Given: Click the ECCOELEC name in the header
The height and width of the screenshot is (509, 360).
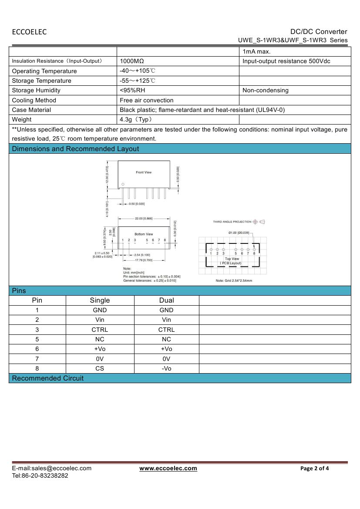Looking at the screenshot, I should (x=29, y=32).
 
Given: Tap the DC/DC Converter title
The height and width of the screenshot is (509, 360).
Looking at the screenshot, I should (x=319, y=31).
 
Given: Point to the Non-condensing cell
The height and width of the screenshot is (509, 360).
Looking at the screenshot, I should (x=265, y=90).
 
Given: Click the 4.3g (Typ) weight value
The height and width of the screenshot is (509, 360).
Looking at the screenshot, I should (x=136, y=119).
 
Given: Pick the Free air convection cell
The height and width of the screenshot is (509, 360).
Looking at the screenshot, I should (x=146, y=100).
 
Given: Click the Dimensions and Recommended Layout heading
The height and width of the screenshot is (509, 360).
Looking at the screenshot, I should (x=75, y=149).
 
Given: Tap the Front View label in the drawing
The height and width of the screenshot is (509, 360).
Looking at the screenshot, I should (x=144, y=172).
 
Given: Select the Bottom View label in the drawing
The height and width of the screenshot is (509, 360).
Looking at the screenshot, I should (x=144, y=234).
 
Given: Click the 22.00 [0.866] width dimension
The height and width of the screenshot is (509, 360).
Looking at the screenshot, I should (x=144, y=219).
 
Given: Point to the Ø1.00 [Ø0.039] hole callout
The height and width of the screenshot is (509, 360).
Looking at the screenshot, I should (x=239, y=233).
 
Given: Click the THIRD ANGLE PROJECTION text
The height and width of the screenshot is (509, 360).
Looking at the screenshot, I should (x=232, y=222).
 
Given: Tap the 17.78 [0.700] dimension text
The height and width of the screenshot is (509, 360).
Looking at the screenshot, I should (x=144, y=260).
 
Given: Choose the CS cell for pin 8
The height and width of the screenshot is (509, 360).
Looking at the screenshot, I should (x=100, y=368).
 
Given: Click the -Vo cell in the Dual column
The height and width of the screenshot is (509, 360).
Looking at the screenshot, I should (x=166, y=368).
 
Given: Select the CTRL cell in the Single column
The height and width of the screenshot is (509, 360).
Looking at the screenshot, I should (x=100, y=330).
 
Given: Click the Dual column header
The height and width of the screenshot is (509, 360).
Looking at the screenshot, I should (x=166, y=300).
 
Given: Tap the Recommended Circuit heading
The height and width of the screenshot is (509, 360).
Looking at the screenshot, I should (x=47, y=378).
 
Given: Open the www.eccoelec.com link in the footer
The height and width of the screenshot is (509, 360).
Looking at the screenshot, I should (x=168, y=469).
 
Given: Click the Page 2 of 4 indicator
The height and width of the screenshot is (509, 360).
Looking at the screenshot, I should (x=315, y=469).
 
